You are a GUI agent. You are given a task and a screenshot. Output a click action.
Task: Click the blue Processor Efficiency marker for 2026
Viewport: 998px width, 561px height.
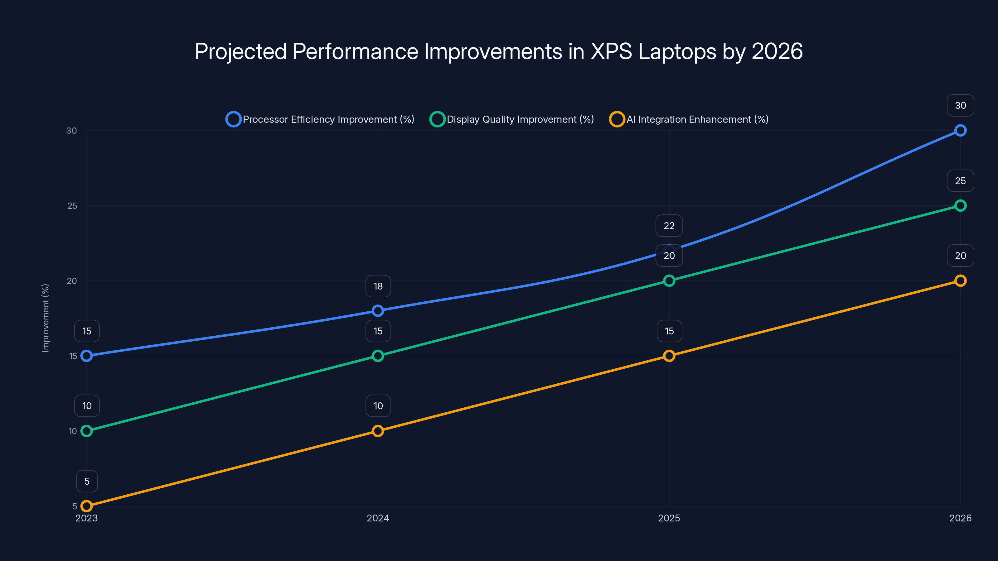click(x=960, y=131)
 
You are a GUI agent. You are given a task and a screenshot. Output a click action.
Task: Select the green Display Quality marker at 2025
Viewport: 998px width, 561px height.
click(x=669, y=281)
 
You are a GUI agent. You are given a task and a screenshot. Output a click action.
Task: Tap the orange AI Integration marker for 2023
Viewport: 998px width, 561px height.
click(x=87, y=506)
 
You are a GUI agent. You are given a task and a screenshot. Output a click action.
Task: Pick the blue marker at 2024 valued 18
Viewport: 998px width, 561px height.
click(x=378, y=310)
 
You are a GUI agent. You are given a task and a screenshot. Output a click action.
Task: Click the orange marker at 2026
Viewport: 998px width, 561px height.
click(x=960, y=281)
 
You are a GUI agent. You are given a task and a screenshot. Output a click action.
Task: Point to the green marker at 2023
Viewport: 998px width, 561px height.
click(x=87, y=431)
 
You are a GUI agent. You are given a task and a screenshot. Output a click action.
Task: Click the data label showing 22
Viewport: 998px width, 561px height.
click(x=669, y=226)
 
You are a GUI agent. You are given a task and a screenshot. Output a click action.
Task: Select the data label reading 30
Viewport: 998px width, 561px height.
click(x=960, y=105)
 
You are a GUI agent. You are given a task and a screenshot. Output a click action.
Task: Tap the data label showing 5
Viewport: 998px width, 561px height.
click(x=87, y=481)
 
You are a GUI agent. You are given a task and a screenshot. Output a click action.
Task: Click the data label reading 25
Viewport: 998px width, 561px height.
click(x=960, y=181)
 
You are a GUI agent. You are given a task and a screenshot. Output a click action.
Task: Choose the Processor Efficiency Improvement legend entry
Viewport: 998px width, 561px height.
click(x=320, y=119)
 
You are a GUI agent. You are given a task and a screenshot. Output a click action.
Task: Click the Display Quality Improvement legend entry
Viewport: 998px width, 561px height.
click(x=512, y=119)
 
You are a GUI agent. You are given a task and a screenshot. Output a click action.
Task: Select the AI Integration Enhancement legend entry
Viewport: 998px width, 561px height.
click(x=689, y=119)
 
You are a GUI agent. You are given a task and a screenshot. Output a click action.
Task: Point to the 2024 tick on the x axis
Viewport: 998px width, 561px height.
click(x=378, y=518)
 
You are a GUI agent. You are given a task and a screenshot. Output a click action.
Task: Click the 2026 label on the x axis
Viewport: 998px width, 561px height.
click(x=960, y=518)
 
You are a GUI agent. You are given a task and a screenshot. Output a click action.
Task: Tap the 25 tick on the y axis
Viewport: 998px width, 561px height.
click(x=72, y=206)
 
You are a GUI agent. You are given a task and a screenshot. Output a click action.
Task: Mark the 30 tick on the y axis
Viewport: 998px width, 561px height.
click(x=72, y=131)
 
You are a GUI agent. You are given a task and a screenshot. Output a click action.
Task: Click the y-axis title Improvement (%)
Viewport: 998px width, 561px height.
click(x=45, y=318)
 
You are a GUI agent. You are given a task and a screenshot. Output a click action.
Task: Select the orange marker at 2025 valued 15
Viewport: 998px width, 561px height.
click(x=669, y=356)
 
